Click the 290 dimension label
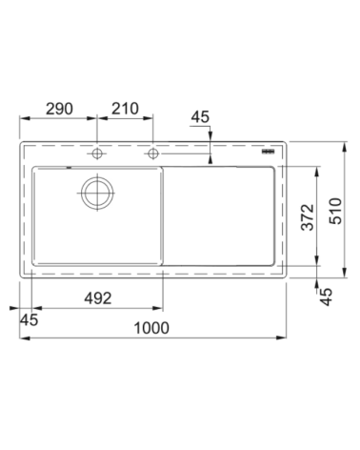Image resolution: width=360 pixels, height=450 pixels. [59, 109]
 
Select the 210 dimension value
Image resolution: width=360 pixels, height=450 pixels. [125, 109]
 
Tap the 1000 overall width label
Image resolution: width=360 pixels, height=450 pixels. [151, 328]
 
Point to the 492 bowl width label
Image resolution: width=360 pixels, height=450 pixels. [98, 298]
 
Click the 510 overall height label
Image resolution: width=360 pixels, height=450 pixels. [335, 211]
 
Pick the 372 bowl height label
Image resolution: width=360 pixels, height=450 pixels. [308, 217]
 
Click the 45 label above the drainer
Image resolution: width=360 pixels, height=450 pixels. [200, 116]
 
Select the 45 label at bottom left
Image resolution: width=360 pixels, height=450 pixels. [29, 319]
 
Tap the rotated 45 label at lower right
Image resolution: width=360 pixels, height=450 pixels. [326, 297]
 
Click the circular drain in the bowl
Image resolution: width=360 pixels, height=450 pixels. [97, 193]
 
